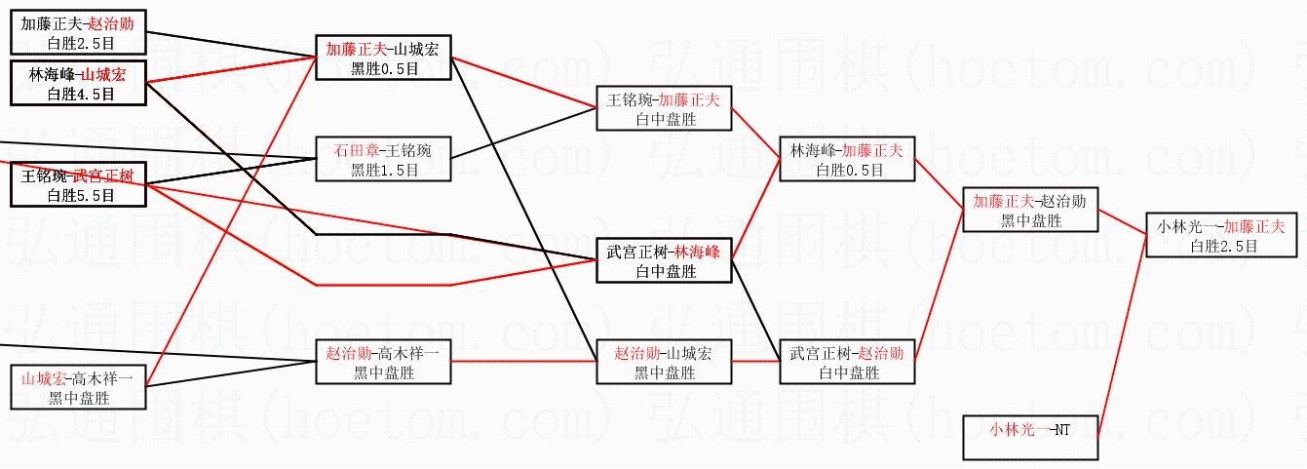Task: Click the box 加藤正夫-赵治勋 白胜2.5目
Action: click(79, 33)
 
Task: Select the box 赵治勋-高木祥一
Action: click(383, 362)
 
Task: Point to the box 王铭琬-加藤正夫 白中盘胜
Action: click(664, 109)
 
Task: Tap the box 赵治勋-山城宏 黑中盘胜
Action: click(664, 362)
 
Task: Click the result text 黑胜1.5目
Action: click(383, 170)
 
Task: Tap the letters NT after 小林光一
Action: click(1061, 428)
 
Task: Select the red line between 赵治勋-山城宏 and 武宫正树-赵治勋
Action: click(755, 362)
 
